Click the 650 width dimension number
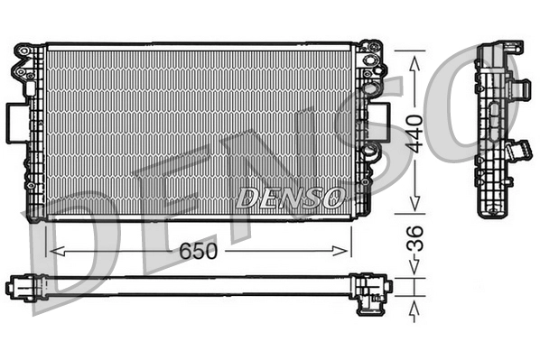click(x=197, y=252)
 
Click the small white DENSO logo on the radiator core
click(x=289, y=197)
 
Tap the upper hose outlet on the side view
click(x=521, y=89)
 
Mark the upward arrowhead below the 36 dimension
click(x=414, y=309)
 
